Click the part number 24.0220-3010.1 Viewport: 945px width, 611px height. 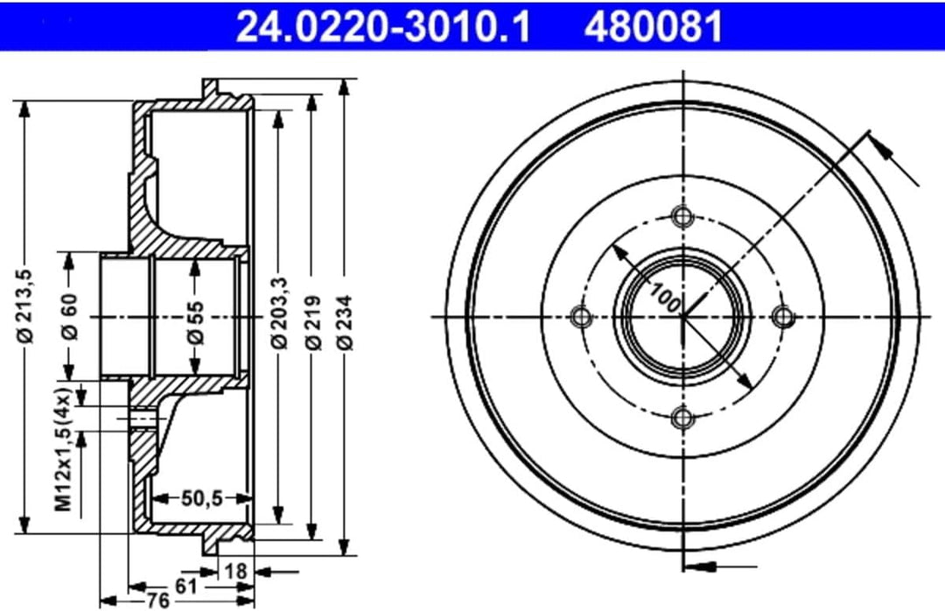382,25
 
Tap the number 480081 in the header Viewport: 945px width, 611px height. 654,25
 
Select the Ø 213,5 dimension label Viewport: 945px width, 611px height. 27,305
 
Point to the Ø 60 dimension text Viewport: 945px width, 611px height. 69,317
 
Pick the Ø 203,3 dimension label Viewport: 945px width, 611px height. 280,313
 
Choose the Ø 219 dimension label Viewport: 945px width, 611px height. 313,323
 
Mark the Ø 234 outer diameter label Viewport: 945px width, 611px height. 346,323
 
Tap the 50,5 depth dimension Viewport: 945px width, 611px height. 202,498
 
